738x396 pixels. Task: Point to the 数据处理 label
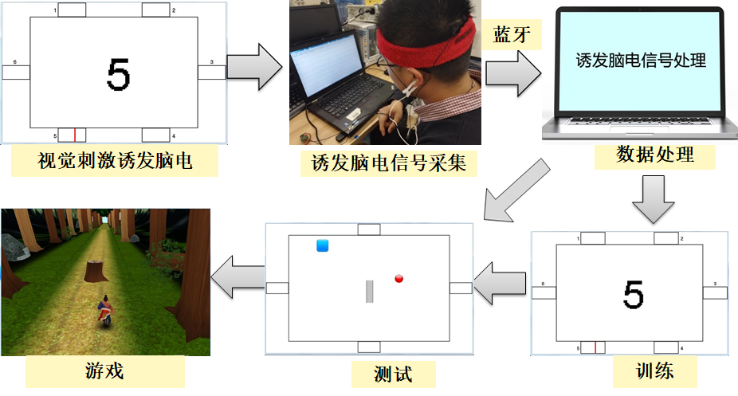[x=654, y=154]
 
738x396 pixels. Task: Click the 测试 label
[x=393, y=372]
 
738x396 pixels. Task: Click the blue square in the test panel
[x=323, y=245]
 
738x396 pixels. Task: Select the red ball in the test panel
[x=399, y=278]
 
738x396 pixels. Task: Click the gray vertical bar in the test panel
[x=370, y=292]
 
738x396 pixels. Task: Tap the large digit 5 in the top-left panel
[x=117, y=75]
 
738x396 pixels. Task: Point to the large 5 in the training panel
[x=633, y=295]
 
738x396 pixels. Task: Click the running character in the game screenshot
[x=104, y=312]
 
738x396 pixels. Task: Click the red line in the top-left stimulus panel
[x=75, y=134]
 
